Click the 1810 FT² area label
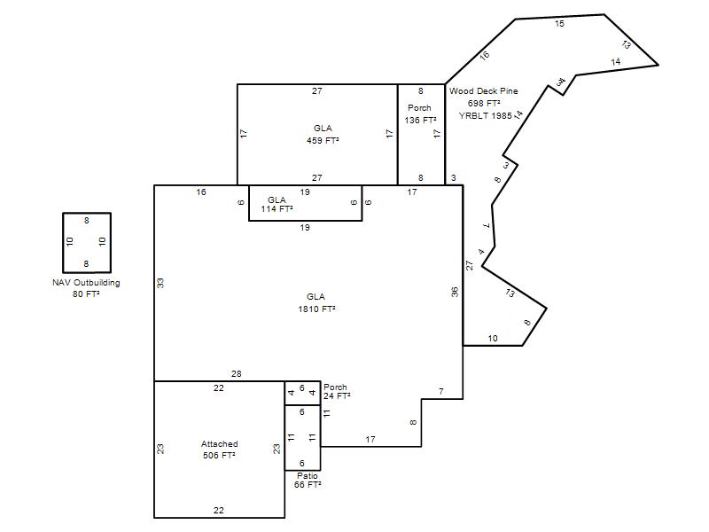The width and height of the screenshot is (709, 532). click(316, 309)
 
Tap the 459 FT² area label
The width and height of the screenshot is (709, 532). click(323, 140)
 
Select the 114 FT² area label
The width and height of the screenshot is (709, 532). click(277, 209)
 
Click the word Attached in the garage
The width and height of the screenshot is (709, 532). click(219, 444)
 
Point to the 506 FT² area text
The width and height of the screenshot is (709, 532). click(219, 455)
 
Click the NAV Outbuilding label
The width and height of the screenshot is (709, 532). click(86, 283)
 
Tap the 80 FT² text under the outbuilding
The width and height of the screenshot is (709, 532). click(86, 294)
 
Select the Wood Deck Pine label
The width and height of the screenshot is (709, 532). click(483, 91)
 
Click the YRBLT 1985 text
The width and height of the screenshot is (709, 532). click(485, 116)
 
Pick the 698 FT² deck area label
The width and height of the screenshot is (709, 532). click(484, 103)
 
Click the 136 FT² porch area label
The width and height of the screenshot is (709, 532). click(420, 120)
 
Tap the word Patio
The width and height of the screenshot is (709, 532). click(308, 476)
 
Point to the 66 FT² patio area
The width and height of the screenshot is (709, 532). click(308, 484)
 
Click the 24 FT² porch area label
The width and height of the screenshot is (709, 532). click(337, 395)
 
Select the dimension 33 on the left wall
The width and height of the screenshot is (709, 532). click(160, 283)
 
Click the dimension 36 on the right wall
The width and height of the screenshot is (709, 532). click(455, 292)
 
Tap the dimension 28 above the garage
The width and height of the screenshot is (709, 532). click(237, 373)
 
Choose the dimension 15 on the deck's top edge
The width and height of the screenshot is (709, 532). click(560, 24)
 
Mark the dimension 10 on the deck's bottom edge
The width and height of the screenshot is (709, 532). click(493, 338)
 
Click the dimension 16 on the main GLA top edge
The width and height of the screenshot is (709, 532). click(201, 192)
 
